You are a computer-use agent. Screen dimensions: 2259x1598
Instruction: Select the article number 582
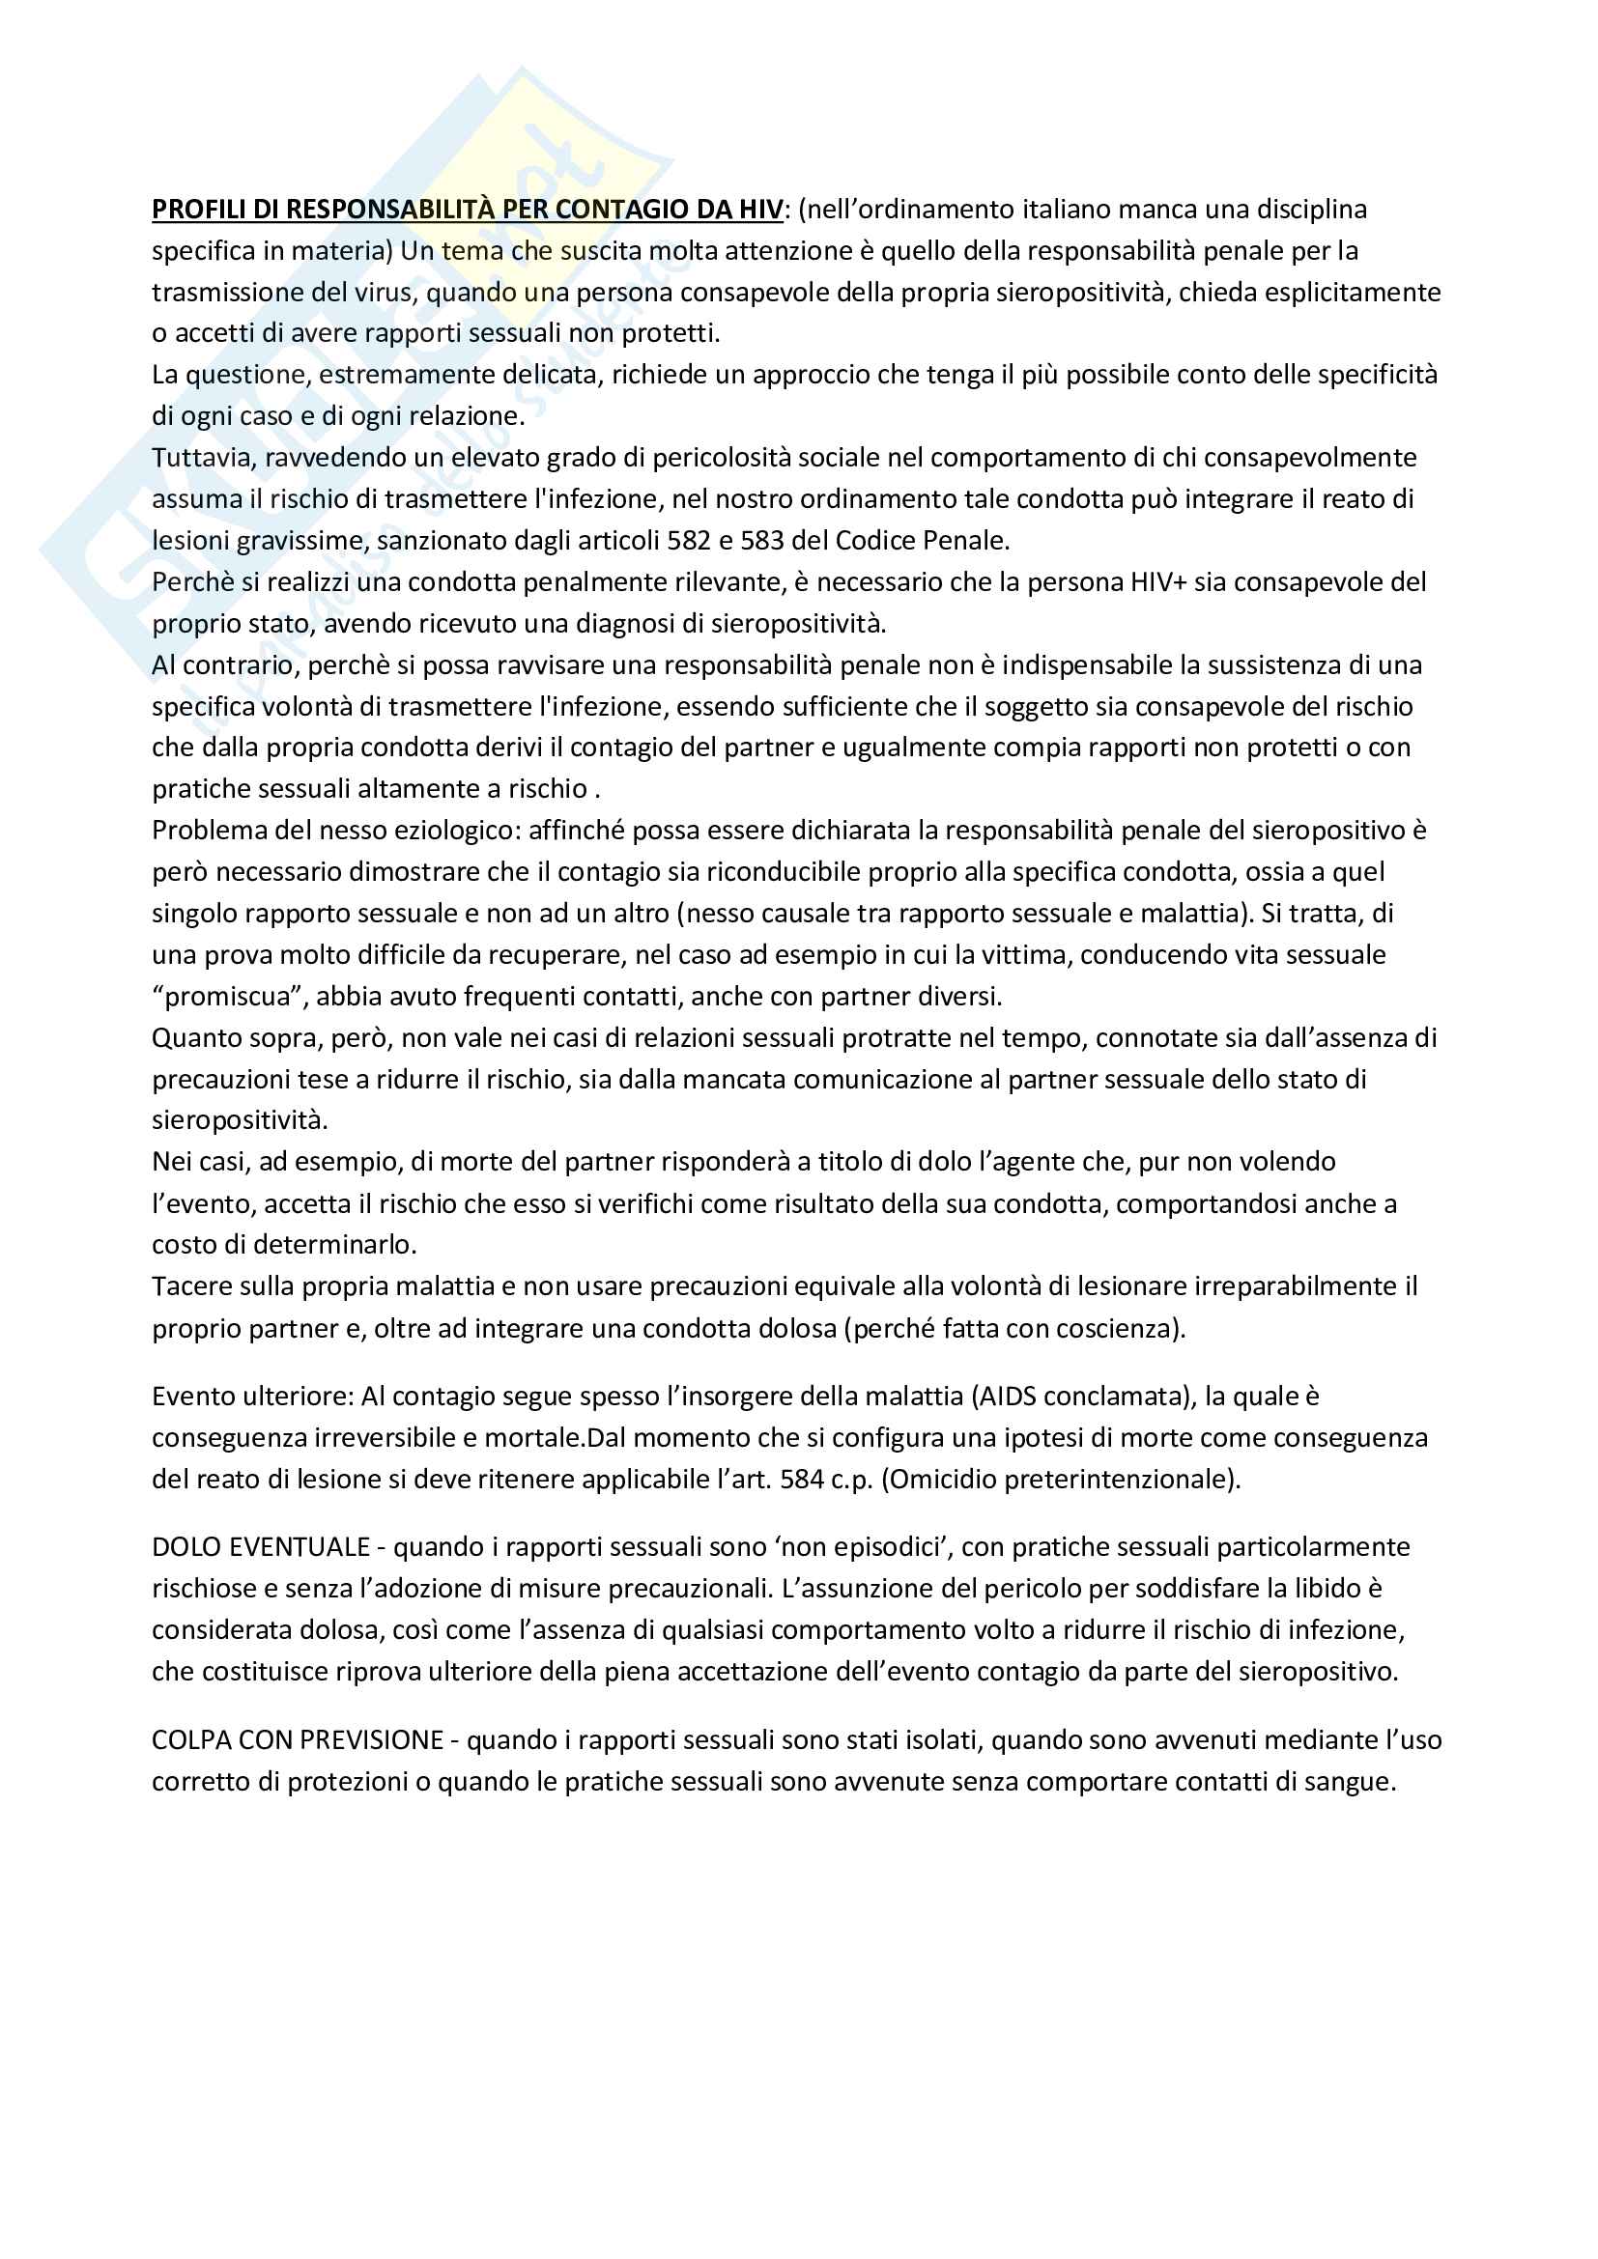tap(689, 540)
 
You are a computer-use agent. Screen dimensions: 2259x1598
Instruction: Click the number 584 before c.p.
tap(802, 1479)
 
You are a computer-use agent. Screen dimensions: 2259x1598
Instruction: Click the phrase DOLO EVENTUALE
tap(261, 1546)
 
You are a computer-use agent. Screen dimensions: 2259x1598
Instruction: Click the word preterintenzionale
tap(1115, 1479)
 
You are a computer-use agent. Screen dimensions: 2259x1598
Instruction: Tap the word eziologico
tap(451, 831)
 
